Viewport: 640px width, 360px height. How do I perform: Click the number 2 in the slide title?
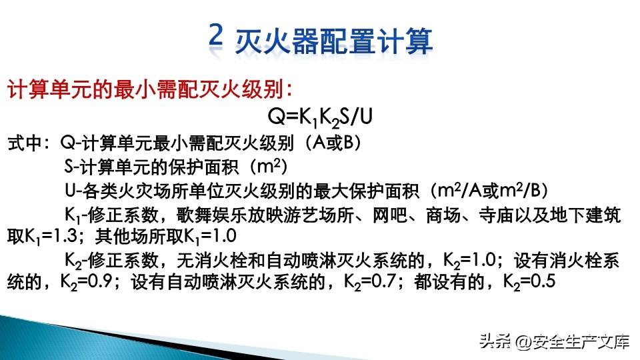click(x=216, y=34)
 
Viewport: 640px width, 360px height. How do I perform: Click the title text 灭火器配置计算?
click(x=333, y=41)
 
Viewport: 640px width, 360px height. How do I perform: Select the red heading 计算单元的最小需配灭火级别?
click(x=145, y=89)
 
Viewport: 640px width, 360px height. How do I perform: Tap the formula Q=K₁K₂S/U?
click(x=319, y=117)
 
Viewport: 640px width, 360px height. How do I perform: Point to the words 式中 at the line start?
click(x=25, y=143)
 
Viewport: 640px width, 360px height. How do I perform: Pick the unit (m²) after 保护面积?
click(x=267, y=167)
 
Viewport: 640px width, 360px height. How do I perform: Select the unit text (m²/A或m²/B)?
click(x=489, y=190)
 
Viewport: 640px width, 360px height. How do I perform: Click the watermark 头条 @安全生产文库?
click(x=555, y=341)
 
